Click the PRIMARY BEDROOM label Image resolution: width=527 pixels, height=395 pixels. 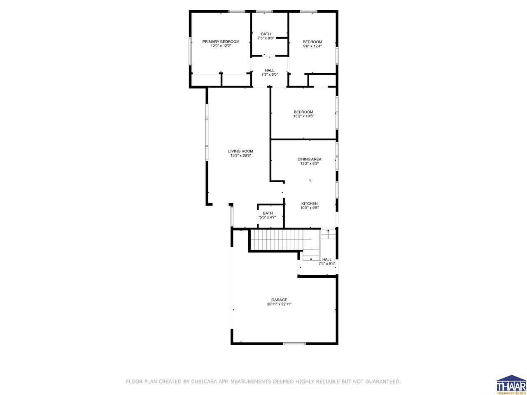point(221,42)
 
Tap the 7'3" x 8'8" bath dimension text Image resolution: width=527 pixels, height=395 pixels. point(266,38)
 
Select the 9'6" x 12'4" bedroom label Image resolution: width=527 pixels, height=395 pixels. point(312,46)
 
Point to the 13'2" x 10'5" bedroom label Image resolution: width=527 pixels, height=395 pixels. point(303,116)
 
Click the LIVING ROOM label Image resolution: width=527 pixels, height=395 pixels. point(241,151)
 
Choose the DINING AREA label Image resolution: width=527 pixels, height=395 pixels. point(309,159)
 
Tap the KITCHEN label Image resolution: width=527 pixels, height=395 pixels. point(309,204)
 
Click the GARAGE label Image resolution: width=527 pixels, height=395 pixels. point(279,300)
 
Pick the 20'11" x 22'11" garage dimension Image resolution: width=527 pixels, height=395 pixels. point(279,304)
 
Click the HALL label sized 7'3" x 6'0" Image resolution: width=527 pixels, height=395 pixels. point(270,70)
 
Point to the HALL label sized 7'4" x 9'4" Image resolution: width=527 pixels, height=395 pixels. point(327,260)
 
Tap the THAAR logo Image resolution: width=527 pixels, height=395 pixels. point(511,385)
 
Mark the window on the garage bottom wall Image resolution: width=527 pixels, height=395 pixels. point(294,343)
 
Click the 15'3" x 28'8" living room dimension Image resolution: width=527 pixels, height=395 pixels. point(241,156)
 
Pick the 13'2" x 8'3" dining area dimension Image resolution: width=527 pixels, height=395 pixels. point(309,164)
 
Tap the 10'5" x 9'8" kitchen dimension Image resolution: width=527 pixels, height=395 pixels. point(309,208)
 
